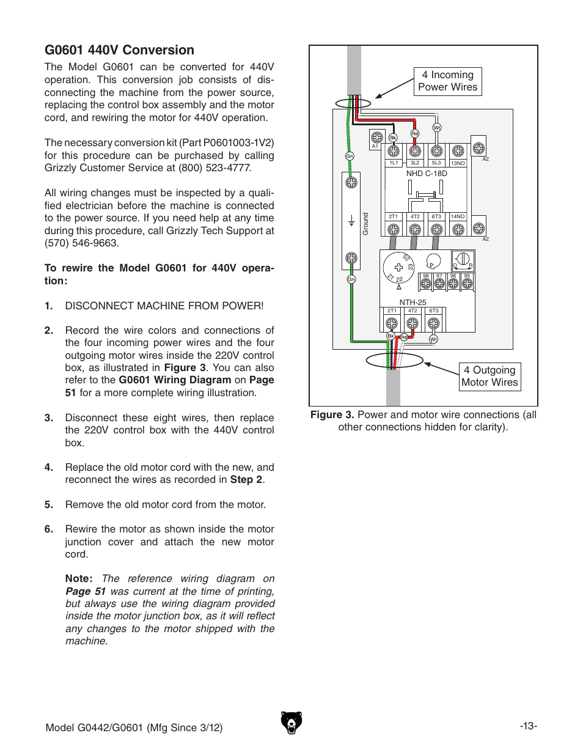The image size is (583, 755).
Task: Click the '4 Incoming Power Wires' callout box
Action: tap(447, 81)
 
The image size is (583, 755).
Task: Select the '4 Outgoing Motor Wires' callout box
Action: tap(490, 377)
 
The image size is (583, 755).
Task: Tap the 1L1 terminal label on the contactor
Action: tap(394, 163)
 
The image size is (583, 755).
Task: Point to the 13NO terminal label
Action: tap(458, 163)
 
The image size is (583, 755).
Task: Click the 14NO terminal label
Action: tap(457, 216)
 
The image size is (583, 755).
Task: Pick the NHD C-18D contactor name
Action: tap(427, 174)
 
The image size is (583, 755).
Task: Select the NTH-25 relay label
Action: tap(413, 302)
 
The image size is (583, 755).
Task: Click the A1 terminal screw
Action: tap(377, 138)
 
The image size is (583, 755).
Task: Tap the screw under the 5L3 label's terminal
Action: tap(436, 150)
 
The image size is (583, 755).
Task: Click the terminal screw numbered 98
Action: tap(426, 284)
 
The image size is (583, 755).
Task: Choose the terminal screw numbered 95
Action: tap(467, 284)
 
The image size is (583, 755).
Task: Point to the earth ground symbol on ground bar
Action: tap(351, 221)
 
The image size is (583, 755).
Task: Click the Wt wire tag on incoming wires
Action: tap(437, 128)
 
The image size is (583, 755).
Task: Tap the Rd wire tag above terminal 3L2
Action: tap(415, 133)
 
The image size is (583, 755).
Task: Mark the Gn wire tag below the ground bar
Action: tap(351, 279)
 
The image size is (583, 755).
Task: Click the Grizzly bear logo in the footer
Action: tap(291, 723)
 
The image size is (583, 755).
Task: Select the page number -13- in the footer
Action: tap(528, 726)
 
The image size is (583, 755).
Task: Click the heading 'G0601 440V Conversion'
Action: tap(119, 50)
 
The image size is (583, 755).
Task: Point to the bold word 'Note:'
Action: tap(79, 578)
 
